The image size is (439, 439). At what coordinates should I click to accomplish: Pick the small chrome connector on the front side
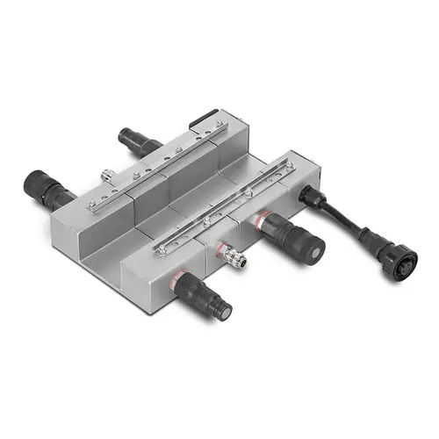click(234, 257)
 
